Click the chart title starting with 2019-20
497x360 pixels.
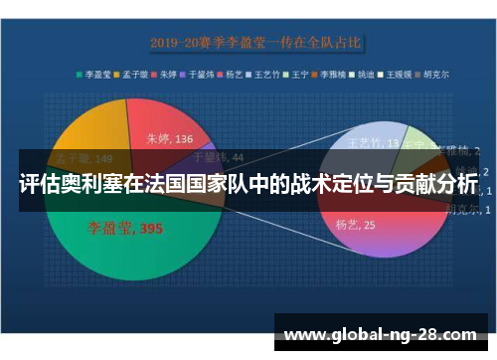point(256,43)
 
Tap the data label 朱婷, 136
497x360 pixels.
point(170,138)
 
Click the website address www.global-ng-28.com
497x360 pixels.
point(381,334)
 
